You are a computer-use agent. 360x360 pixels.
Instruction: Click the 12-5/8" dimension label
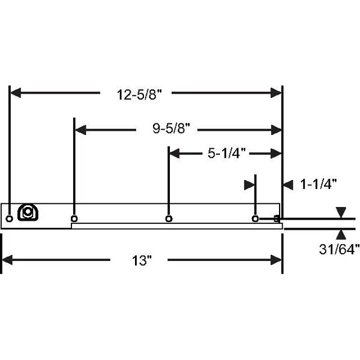pos(139,94)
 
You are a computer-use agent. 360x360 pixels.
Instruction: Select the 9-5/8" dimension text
pos(172,128)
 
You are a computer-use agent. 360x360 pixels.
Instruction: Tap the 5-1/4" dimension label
pos(227,153)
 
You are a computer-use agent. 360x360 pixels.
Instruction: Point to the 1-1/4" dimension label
pos(319,184)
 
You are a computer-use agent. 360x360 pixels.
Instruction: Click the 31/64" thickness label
pos(340,249)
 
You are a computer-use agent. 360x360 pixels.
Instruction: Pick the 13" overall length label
pos(142,260)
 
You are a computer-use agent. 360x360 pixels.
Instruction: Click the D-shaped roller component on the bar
pos(28,212)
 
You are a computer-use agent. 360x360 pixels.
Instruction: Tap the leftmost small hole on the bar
pos(9,218)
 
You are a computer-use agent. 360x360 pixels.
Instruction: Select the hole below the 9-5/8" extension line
pos(74,218)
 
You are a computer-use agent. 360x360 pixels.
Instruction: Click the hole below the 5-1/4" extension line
pos(169,218)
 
